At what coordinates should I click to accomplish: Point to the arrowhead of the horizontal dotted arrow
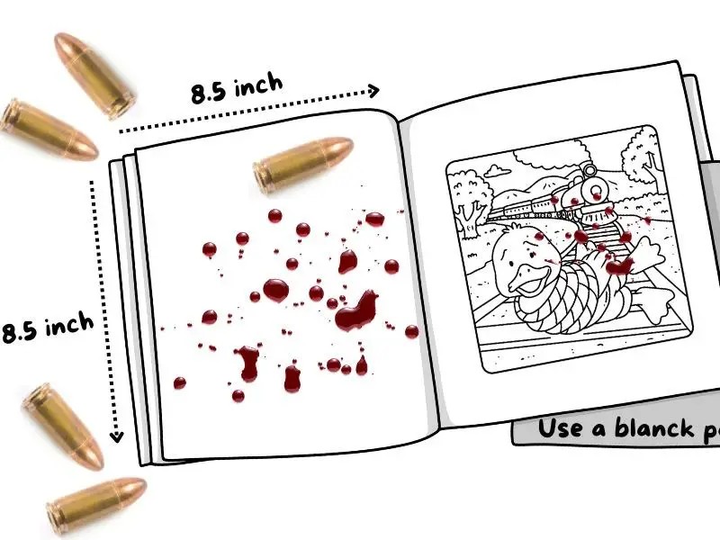tap(373, 90)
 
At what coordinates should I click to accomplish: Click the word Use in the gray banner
tap(558, 428)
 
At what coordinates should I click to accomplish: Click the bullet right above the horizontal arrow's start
tap(94, 76)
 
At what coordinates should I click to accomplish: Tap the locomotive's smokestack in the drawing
tap(589, 168)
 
